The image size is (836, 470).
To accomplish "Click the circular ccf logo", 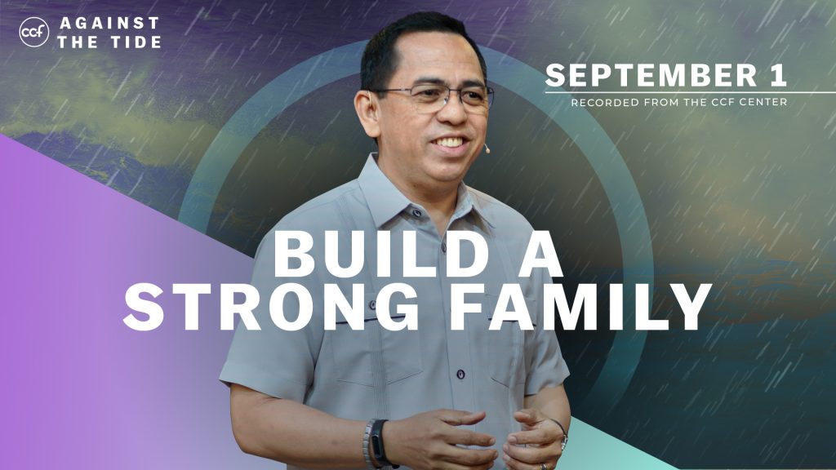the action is [33, 32].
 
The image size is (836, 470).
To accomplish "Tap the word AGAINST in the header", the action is [109, 23].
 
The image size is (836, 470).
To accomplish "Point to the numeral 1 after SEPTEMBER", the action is [778, 74].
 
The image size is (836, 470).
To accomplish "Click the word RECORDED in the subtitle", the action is [605, 102].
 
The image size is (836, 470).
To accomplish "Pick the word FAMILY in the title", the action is [580, 307].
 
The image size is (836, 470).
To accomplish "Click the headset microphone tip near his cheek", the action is [487, 150].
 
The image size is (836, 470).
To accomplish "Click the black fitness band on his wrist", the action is [380, 443].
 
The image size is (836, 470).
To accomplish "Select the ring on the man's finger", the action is [544, 466].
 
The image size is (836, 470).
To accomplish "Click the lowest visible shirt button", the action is [460, 375].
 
